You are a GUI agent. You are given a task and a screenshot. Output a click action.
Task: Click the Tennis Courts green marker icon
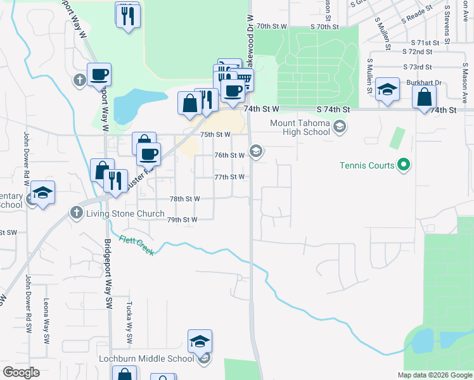coord(403,166)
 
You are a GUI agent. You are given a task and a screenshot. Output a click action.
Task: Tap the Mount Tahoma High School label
coord(300,127)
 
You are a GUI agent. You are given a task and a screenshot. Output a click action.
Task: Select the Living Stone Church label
coord(125,213)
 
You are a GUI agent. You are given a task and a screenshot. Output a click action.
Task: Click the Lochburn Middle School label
coord(146,358)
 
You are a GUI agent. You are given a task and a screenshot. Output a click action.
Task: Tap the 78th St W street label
coord(184,198)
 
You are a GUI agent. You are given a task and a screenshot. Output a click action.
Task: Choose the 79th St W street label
coord(183,219)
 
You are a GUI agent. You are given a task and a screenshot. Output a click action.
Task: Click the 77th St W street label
coord(229,177)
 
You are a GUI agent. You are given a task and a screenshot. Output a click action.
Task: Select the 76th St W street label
coord(229,155)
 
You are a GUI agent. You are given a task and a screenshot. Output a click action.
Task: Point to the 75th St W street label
coord(215,134)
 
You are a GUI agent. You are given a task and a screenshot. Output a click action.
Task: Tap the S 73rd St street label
coord(417,66)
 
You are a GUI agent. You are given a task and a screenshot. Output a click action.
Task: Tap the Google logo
coord(21,372)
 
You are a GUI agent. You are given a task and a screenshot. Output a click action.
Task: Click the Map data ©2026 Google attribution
coord(434,375)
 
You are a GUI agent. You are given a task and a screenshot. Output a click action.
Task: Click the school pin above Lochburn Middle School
coord(200,341)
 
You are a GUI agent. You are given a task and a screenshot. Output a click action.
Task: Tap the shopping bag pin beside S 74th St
coord(424,98)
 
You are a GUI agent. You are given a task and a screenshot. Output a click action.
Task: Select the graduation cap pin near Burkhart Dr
coord(387,90)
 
